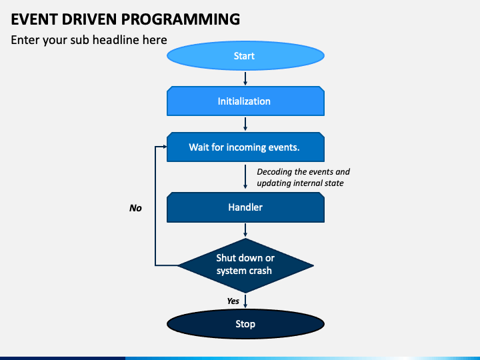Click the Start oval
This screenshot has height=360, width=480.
click(x=245, y=56)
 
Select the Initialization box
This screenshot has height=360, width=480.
click(x=245, y=101)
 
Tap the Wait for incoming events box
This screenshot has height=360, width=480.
click(x=245, y=147)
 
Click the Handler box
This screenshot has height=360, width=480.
click(x=245, y=207)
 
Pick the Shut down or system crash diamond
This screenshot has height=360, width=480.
click(x=245, y=265)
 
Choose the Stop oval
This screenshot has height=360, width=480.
click(x=245, y=324)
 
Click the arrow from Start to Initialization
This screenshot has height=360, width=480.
click(x=245, y=79)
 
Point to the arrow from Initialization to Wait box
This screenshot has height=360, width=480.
click(x=245, y=124)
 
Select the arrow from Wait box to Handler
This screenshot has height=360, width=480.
click(x=245, y=177)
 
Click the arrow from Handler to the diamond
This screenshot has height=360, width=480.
click(x=245, y=230)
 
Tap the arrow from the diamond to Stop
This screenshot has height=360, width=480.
click(x=245, y=301)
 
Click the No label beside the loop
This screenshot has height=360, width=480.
click(x=135, y=208)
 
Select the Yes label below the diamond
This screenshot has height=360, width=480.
click(x=233, y=301)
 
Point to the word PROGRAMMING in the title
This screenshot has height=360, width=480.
click(x=180, y=19)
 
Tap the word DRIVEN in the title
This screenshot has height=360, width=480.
click(x=89, y=19)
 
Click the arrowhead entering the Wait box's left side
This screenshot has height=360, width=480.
click(x=165, y=147)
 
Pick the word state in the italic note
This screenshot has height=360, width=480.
click(x=334, y=183)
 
